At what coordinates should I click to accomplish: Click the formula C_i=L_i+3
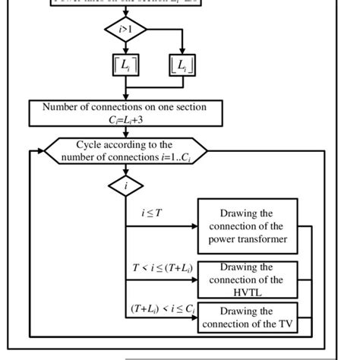125,119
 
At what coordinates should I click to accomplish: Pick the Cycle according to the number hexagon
125,150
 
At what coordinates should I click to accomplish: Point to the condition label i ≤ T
152,213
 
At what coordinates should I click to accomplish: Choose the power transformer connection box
246,226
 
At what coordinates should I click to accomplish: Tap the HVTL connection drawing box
246,279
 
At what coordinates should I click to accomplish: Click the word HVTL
246,292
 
